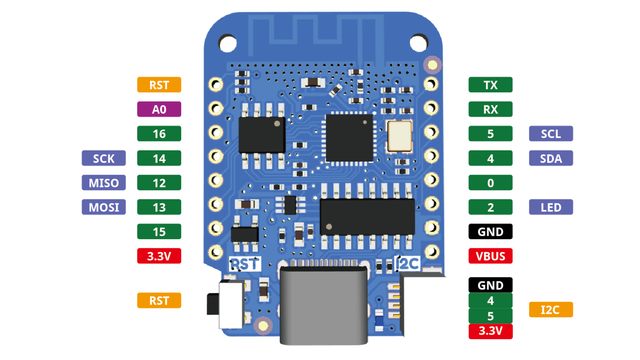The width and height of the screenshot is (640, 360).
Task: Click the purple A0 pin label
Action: point(159,109)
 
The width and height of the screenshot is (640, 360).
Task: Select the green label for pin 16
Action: point(159,134)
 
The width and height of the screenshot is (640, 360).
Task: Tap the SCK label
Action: point(104,158)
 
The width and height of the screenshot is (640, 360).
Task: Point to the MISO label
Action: point(104,183)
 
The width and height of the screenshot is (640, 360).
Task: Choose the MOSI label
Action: point(104,207)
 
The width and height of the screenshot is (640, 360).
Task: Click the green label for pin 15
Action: point(159,232)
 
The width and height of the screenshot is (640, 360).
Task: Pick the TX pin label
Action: point(490,85)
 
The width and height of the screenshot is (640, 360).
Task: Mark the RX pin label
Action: point(490,109)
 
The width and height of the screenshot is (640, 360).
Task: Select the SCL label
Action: point(551,134)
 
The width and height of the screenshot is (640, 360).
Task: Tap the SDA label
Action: point(551,158)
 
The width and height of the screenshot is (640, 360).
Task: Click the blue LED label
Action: point(551,207)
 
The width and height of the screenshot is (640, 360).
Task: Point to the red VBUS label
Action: point(490,256)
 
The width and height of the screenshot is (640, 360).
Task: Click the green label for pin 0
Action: point(490,183)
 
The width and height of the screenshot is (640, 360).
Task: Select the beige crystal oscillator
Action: point(400,135)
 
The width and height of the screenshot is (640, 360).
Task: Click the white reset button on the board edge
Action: point(230,304)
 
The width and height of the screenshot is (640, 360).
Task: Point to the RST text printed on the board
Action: point(245,264)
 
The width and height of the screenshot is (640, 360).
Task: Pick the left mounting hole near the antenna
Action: point(227,43)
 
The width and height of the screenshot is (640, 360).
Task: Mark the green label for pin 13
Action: point(159,207)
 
